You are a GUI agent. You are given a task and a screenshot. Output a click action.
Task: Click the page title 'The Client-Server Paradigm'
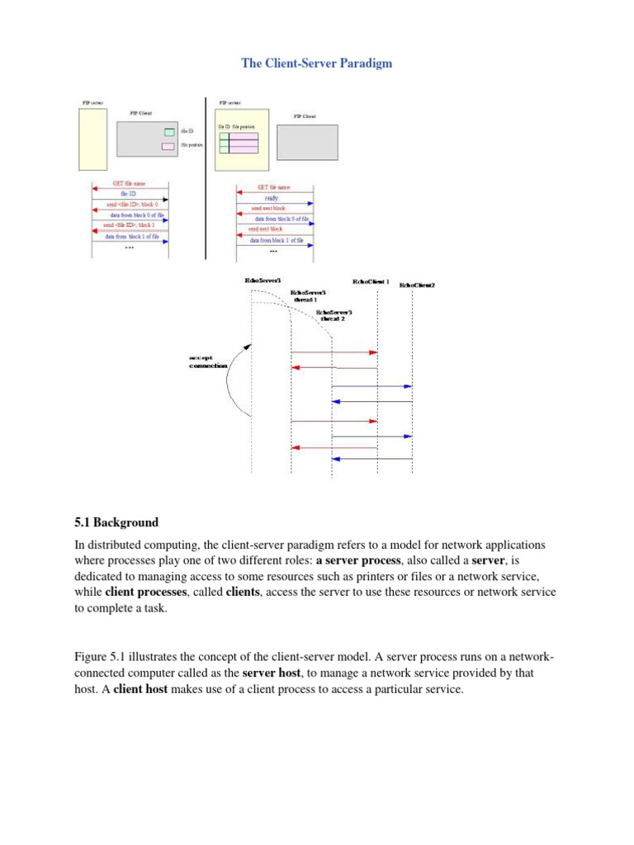[x=317, y=63]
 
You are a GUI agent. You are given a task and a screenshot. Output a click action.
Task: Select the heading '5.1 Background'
[x=116, y=522]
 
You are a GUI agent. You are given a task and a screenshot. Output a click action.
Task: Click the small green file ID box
[x=168, y=132]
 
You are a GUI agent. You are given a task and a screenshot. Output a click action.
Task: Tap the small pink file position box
[x=168, y=146]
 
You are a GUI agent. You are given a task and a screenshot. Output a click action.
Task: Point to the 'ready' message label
[x=271, y=198]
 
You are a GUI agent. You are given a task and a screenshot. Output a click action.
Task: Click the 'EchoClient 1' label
[x=371, y=282]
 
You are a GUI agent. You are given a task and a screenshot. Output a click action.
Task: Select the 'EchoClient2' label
[x=417, y=286]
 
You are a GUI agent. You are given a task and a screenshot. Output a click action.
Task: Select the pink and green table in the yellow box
[x=238, y=144]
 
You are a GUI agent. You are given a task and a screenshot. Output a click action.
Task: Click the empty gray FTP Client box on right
[x=306, y=142]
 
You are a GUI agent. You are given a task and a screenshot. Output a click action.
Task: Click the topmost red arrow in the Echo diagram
[x=334, y=352]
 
